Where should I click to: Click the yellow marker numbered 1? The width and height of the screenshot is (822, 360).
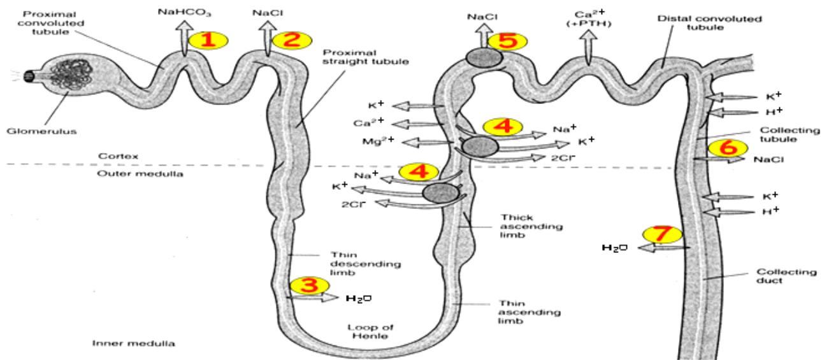point(208,40)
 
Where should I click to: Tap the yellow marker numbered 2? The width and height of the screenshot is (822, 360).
point(292,40)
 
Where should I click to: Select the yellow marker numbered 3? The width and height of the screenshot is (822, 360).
point(309,285)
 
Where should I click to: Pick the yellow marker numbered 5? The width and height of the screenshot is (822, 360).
point(507,41)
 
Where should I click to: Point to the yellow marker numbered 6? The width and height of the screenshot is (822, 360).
point(728,148)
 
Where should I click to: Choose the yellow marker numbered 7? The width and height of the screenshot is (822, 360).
point(662,234)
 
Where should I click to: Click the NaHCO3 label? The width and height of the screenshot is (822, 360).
point(184,13)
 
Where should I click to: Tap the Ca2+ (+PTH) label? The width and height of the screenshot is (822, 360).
point(589,19)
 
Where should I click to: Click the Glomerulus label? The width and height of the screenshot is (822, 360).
point(41,131)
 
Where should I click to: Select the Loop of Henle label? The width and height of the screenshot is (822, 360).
point(370,331)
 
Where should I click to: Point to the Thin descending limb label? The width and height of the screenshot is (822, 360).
point(365,264)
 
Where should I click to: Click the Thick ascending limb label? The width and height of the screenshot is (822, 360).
point(531,226)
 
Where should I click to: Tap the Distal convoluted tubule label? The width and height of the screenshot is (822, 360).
point(709,23)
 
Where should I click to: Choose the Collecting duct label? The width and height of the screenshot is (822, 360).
point(786,276)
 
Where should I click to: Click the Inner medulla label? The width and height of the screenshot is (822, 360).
point(133,343)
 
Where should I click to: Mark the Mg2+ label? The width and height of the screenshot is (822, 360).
point(378,141)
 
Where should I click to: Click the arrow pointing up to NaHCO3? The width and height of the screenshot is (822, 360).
point(184,38)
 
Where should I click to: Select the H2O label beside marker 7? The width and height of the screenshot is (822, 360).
point(615,248)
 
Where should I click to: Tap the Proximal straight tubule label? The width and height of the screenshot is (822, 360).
point(366,57)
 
